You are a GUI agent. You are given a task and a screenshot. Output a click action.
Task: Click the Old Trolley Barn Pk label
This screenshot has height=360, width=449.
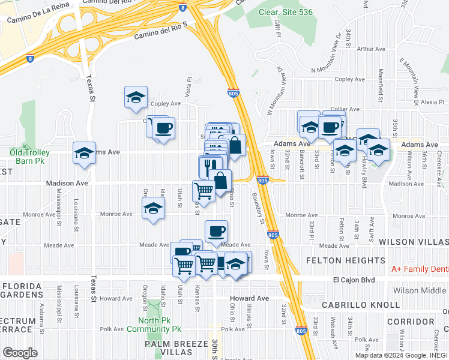tap(29, 157)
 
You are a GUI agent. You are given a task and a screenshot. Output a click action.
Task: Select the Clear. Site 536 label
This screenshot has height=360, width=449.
tap(286, 12)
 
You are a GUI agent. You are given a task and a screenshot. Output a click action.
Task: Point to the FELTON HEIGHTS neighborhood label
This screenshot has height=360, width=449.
tap(345, 260)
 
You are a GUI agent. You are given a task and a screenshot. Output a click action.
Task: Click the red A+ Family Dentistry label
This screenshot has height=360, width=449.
tap(420, 269)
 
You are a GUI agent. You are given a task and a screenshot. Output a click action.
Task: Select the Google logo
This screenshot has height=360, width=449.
tap(20, 352)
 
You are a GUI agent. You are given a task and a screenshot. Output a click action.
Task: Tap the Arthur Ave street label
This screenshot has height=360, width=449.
tap(371, 49)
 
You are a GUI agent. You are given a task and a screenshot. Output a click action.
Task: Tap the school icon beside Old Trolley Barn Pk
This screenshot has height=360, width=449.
tap(84, 154)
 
